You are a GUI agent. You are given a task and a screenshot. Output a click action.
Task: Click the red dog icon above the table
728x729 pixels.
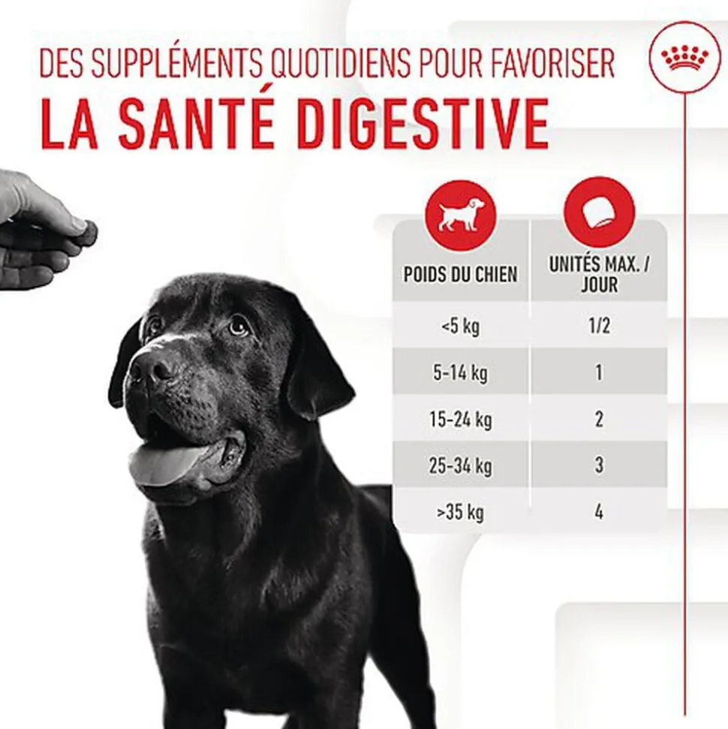pyautogui.click(x=460, y=215)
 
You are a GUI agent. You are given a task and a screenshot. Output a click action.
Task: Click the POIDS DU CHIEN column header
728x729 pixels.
pyautogui.click(x=460, y=274)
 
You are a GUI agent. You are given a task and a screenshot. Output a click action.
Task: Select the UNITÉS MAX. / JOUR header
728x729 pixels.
pyautogui.click(x=599, y=274)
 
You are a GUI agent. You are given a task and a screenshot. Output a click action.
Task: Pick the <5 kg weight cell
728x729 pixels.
pyautogui.click(x=460, y=326)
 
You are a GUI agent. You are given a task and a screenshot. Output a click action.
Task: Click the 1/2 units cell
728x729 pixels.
pyautogui.click(x=599, y=325)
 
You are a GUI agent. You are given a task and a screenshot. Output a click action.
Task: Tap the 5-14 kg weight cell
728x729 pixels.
pyautogui.click(x=460, y=373)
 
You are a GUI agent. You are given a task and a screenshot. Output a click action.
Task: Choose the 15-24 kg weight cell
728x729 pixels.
pyautogui.click(x=460, y=420)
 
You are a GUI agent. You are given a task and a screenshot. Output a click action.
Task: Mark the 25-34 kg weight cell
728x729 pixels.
pyautogui.click(x=460, y=465)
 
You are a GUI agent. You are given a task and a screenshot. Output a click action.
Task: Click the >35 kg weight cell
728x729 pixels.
pyautogui.click(x=460, y=512)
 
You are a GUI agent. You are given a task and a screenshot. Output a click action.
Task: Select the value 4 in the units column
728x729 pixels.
pyautogui.click(x=599, y=512)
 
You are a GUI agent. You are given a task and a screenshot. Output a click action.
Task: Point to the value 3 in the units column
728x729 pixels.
pyautogui.click(x=599, y=465)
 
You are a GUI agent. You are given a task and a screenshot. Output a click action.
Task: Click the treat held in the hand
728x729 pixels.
pyautogui.click(x=87, y=233)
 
